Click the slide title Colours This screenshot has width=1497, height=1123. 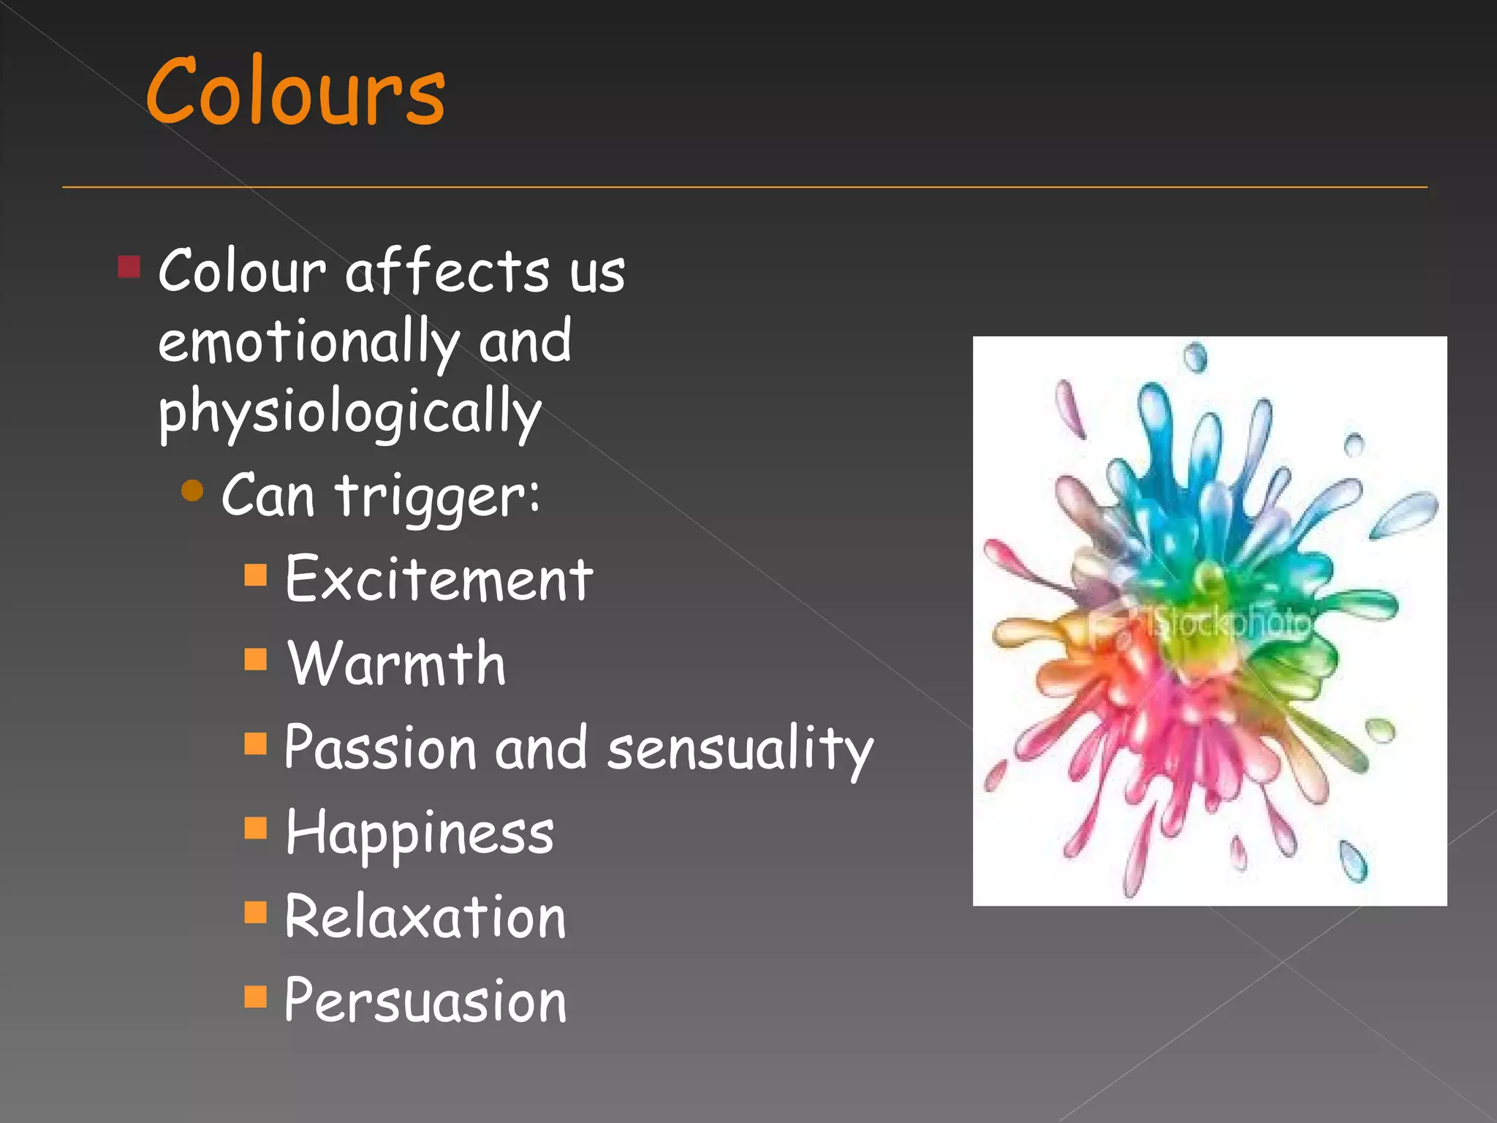(x=295, y=92)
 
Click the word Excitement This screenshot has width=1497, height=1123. (x=439, y=579)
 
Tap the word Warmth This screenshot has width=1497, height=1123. (x=396, y=663)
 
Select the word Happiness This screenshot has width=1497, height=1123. (x=420, y=833)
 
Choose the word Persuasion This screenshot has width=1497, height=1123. (x=425, y=1001)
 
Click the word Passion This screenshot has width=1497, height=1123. (x=380, y=748)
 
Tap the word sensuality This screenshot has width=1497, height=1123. (x=740, y=748)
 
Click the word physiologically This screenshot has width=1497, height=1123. (x=349, y=413)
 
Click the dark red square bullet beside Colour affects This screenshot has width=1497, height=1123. (x=129, y=267)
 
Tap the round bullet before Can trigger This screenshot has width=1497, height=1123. (x=192, y=491)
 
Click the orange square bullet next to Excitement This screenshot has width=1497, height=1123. (x=255, y=575)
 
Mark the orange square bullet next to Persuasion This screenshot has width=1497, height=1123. (x=255, y=997)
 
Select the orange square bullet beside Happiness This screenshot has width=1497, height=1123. (x=255, y=828)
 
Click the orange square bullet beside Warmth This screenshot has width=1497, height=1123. (x=255, y=659)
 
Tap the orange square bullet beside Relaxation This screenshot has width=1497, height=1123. (x=255, y=912)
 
